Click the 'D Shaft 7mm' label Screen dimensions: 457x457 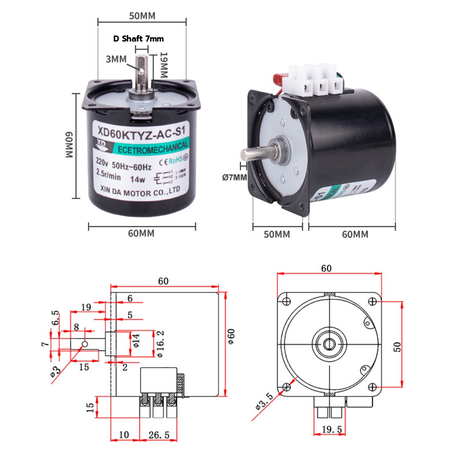138,39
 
